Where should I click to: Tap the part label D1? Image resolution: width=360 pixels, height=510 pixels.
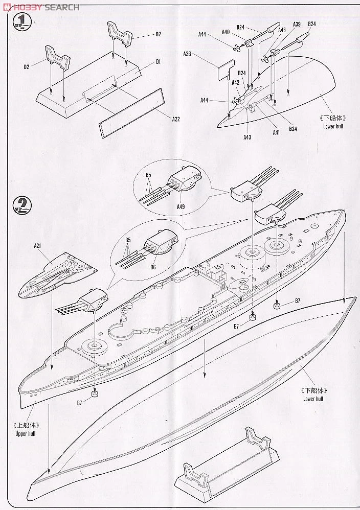click(x=158, y=62)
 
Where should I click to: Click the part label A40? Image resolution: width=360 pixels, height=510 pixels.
click(x=226, y=32)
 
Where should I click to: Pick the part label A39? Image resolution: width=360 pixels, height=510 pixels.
click(x=297, y=24)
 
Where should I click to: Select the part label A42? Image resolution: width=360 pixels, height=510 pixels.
click(x=235, y=82)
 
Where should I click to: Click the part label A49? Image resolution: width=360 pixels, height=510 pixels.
click(x=181, y=207)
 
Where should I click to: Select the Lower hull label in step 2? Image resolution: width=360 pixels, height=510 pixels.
click(x=312, y=399)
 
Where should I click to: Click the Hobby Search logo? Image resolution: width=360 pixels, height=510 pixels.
click(x=41, y=7)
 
